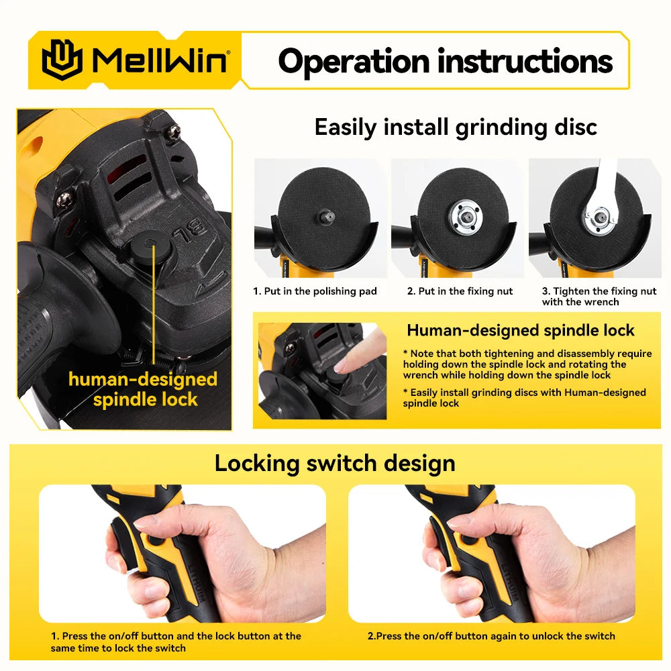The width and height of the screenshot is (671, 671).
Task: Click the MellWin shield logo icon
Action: [x=62, y=60]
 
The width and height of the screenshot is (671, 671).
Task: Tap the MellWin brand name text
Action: [x=161, y=60]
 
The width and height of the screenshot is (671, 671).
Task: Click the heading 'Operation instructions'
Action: [x=445, y=61]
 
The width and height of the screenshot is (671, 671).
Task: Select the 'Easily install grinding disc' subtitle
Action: [x=456, y=127]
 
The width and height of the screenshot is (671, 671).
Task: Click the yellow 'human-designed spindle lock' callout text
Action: [x=143, y=389]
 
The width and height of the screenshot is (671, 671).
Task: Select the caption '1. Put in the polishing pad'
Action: [x=315, y=291]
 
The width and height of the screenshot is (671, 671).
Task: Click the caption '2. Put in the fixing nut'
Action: [x=460, y=291]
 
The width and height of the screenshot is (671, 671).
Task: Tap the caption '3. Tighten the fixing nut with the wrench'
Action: [x=599, y=296]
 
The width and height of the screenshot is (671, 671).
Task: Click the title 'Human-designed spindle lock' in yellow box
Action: [x=521, y=330]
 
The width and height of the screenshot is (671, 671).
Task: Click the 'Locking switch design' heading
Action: [x=335, y=463]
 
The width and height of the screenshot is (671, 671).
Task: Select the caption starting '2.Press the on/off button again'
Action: [x=491, y=636]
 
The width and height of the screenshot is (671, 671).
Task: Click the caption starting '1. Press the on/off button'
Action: [x=176, y=641]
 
